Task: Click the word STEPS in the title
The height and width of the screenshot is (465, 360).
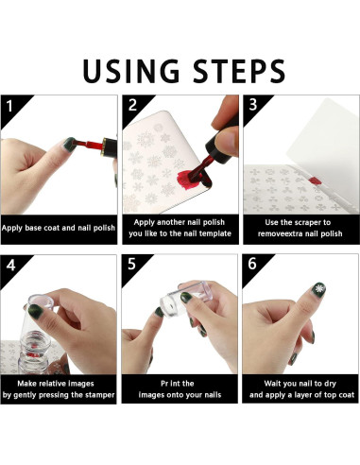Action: [x=239, y=71]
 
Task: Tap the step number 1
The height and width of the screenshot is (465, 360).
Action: [x=9, y=106]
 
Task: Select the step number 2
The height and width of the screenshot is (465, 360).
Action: [x=132, y=105]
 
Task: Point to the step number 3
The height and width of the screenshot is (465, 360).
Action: [x=253, y=105]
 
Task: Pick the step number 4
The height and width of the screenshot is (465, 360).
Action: [x=10, y=266]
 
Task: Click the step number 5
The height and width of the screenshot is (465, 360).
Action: [x=131, y=264]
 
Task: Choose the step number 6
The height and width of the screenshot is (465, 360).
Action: [x=252, y=264]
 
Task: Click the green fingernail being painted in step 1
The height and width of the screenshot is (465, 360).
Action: [x=70, y=145]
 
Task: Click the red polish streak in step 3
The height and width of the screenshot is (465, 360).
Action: [x=315, y=181]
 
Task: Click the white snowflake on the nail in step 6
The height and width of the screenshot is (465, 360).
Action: [x=320, y=289]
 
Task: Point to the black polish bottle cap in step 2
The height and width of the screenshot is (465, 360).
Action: [x=222, y=145]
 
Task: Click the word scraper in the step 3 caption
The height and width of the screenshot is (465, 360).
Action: [x=301, y=223]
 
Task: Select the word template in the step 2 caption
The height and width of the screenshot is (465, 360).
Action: [x=217, y=233]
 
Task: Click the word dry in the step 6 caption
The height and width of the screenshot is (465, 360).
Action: [x=330, y=384]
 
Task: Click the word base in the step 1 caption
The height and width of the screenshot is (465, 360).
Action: [x=33, y=228]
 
